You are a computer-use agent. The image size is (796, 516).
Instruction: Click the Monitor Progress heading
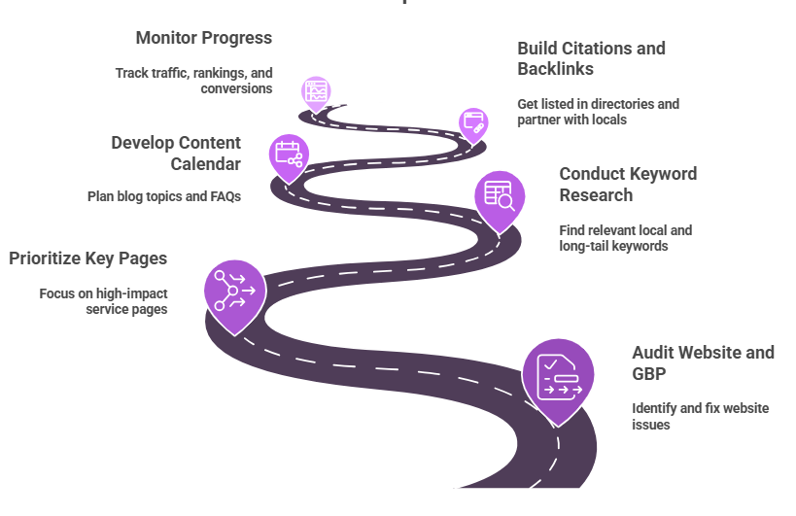click(x=204, y=38)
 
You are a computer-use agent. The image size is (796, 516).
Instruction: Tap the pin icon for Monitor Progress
click(x=316, y=90)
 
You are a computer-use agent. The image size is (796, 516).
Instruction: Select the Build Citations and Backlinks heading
click(x=591, y=58)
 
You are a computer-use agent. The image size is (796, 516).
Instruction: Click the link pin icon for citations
click(x=473, y=122)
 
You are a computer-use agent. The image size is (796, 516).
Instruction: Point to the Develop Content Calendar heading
click(x=176, y=153)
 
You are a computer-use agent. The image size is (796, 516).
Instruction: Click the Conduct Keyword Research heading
click(x=628, y=184)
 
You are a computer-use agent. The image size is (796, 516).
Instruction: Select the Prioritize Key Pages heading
click(x=88, y=258)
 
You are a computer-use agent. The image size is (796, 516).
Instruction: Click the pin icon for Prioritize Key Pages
click(x=234, y=289)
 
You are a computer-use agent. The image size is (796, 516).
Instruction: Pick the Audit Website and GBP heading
click(x=703, y=362)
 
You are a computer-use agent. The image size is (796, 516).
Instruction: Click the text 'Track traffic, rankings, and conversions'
click(x=193, y=81)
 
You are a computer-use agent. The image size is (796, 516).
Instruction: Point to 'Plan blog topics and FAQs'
click(x=164, y=196)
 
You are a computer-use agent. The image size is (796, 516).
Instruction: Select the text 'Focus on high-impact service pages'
click(x=103, y=301)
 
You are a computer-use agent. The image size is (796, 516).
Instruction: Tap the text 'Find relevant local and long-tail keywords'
click(x=625, y=238)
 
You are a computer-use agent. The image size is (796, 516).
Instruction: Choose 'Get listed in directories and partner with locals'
click(x=598, y=112)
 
